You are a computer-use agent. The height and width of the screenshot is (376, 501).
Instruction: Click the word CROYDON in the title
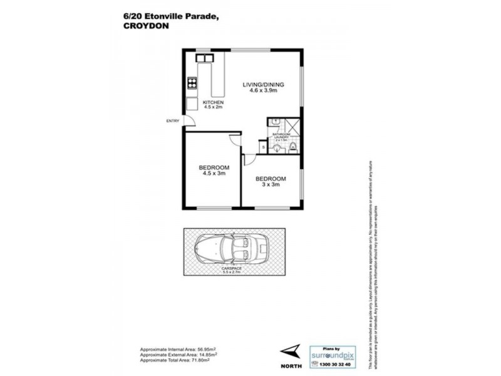(138, 26)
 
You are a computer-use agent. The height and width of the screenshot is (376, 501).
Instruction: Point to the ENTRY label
(172, 121)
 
